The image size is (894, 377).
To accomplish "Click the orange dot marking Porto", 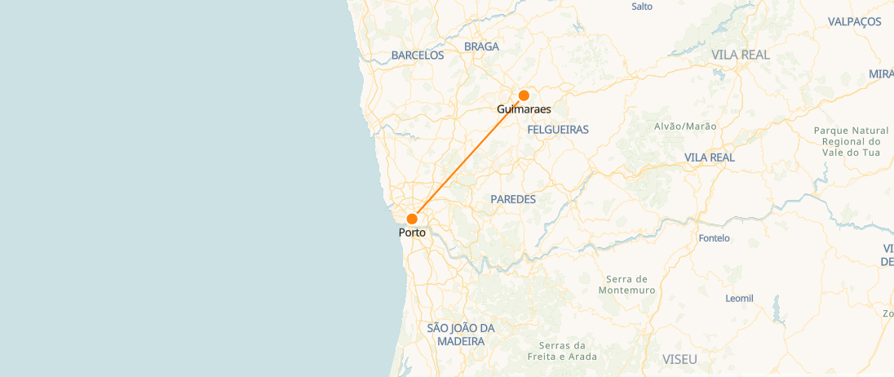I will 412,219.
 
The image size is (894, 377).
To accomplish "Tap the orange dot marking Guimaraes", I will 524,95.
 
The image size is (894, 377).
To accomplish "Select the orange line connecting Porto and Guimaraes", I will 468,157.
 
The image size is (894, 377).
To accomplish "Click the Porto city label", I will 412,233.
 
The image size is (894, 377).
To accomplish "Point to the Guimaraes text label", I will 524,109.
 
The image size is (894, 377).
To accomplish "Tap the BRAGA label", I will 481,47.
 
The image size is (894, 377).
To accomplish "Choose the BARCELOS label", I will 418,55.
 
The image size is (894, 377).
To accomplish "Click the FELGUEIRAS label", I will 558,130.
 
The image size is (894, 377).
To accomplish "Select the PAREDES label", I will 513,199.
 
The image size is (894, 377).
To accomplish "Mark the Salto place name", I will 643,7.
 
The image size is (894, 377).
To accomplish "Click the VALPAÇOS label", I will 854,22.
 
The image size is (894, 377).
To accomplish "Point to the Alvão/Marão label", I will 685,126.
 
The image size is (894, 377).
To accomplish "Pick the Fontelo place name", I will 715,239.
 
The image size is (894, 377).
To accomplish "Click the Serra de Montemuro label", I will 626,284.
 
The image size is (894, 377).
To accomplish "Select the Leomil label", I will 740,299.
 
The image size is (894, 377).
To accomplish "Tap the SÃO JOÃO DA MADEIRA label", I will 461,335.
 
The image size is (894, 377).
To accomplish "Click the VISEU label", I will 680,359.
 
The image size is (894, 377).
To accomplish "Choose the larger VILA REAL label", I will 741,55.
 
